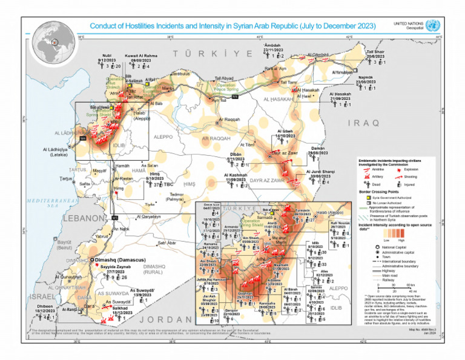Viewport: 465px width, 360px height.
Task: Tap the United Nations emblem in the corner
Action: [432, 25]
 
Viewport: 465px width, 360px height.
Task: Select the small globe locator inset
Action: [53, 42]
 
